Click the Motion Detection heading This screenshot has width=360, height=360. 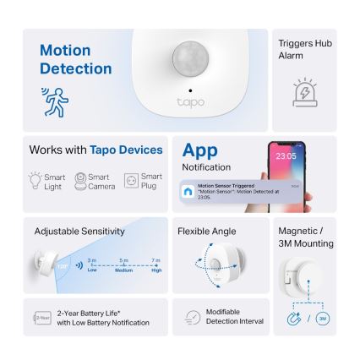[x=75, y=59]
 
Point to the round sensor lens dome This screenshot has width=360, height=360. [x=190, y=59]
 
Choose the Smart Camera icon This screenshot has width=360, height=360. [x=80, y=179]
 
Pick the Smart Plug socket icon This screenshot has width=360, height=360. [x=131, y=179]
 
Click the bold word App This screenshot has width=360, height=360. [x=200, y=150]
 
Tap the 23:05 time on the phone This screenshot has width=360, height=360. [x=285, y=156]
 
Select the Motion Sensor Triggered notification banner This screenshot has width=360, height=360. [x=241, y=191]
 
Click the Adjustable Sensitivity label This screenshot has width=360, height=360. [x=79, y=230]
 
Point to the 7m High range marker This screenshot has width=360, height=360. [x=155, y=264]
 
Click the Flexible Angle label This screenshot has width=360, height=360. [x=207, y=230]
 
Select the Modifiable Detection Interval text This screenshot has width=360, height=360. [x=223, y=318]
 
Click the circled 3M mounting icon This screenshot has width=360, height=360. [x=322, y=319]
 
